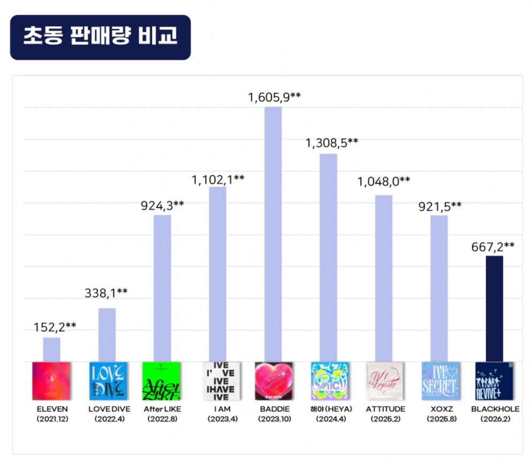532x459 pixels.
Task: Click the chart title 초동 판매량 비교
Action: click(x=100, y=37)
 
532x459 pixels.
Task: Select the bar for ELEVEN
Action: click(x=51, y=349)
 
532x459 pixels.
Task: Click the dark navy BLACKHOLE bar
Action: click(x=494, y=309)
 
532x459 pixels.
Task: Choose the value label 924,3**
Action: click(x=163, y=205)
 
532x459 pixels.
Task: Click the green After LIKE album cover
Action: click(x=162, y=381)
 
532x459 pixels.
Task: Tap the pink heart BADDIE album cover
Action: click(x=273, y=381)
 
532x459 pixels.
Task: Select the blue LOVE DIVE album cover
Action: click(x=107, y=381)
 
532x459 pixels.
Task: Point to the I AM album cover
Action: click(x=218, y=381)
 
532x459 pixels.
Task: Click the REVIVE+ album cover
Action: click(x=494, y=381)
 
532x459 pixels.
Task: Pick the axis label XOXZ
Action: click(x=439, y=409)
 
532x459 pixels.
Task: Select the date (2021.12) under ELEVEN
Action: click(x=51, y=419)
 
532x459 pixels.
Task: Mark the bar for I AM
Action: click(x=218, y=274)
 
